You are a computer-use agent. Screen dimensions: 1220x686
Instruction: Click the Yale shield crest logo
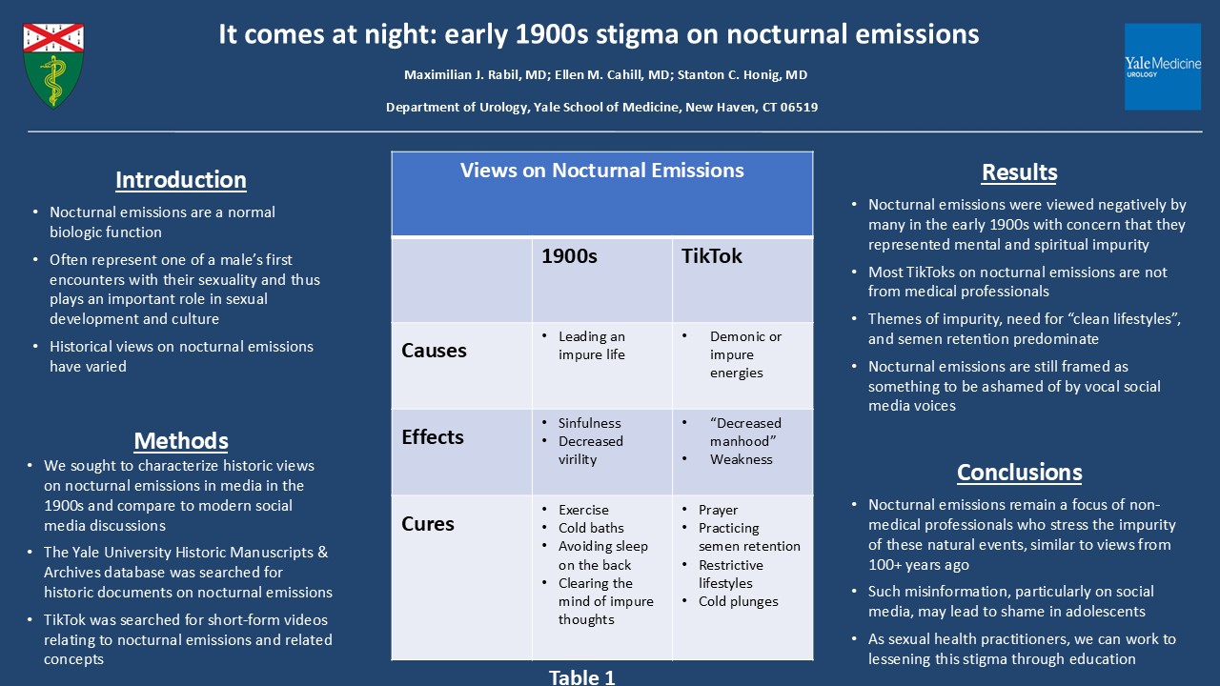coord(53,66)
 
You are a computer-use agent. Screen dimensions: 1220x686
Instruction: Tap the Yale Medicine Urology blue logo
coord(1162,67)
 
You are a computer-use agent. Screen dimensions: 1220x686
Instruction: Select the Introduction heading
coord(181,180)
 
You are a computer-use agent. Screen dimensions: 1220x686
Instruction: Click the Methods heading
coord(181,440)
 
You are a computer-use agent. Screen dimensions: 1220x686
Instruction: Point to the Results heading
coord(1019,172)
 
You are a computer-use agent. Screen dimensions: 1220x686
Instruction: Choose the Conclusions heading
coord(1019,472)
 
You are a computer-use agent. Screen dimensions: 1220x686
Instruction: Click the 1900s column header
coord(569,256)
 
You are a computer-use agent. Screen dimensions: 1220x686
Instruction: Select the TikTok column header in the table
coord(711,256)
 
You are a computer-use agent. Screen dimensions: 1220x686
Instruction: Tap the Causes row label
coord(434,351)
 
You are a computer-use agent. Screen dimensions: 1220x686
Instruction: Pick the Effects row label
coord(433,437)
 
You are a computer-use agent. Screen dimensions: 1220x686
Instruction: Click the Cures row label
coord(428,524)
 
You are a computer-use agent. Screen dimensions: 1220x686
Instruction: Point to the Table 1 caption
coord(581,677)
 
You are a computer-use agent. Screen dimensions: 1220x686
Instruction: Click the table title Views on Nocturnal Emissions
coord(601,171)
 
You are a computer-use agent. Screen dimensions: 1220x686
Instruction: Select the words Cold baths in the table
coord(591,528)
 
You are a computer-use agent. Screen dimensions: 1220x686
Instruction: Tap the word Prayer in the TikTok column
coord(718,510)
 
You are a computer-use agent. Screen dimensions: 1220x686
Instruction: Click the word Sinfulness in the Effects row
coord(589,423)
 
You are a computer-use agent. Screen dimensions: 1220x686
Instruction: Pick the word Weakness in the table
coord(741,459)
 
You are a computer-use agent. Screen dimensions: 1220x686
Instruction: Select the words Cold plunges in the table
coord(738,601)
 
